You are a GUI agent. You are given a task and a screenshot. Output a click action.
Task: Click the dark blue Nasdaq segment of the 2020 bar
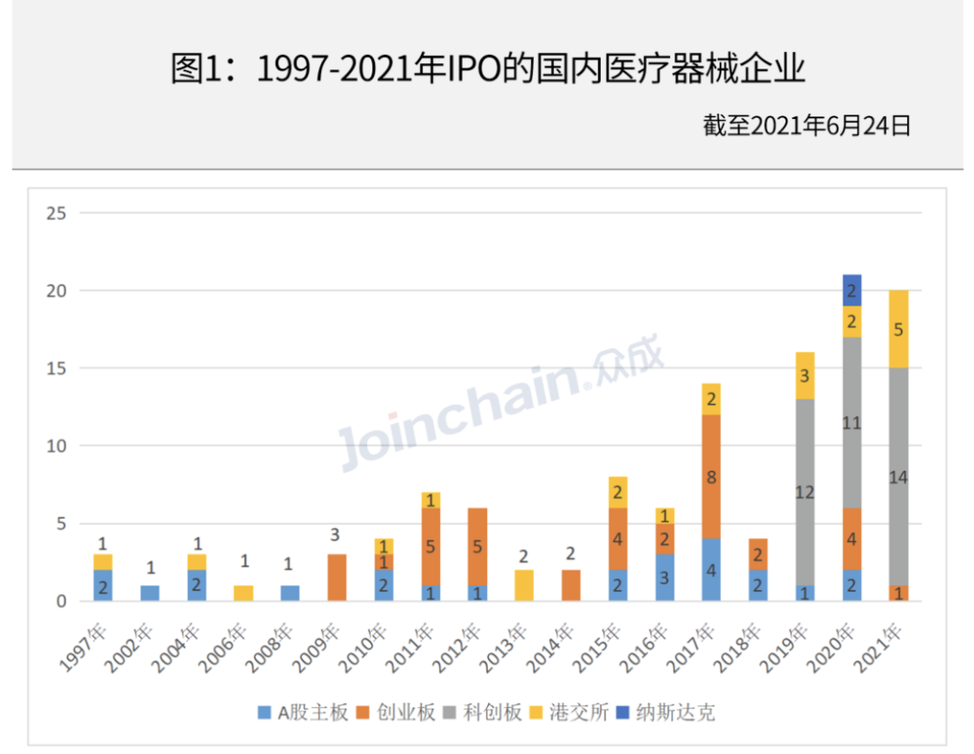(x=851, y=290)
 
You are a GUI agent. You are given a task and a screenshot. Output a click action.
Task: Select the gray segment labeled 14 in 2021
(x=898, y=476)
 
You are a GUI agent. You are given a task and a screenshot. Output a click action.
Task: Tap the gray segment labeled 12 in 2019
(x=804, y=492)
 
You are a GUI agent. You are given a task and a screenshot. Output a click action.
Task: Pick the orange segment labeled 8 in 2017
(x=712, y=477)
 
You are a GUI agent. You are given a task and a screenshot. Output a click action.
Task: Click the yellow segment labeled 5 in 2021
(x=898, y=329)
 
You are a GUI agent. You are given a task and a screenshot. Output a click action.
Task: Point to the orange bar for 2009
(x=335, y=577)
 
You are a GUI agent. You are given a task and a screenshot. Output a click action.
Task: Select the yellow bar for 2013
(x=524, y=585)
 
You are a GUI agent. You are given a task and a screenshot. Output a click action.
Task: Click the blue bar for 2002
(x=151, y=593)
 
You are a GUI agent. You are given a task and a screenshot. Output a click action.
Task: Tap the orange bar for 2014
(x=571, y=585)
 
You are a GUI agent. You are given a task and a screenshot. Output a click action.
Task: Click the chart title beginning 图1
(x=487, y=69)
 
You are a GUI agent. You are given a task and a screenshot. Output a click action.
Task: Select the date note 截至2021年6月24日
(x=806, y=125)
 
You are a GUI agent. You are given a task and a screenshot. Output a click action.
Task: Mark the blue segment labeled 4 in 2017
(x=712, y=570)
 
